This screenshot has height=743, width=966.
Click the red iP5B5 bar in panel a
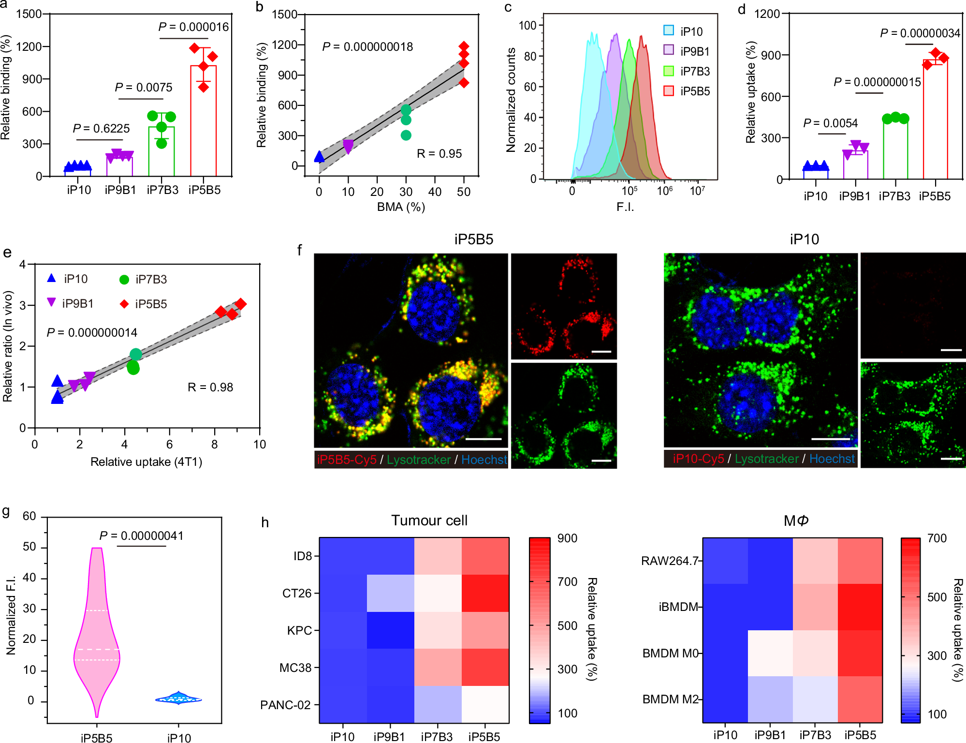point(203,121)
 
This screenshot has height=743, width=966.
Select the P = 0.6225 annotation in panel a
point(101,129)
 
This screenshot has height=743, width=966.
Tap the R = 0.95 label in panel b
point(439,154)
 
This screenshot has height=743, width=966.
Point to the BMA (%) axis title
point(401,207)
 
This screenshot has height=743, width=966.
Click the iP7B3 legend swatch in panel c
point(669,71)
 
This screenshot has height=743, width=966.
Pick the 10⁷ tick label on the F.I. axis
point(697,191)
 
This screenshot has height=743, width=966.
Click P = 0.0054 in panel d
point(830,123)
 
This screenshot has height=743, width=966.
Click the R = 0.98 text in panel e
point(210,387)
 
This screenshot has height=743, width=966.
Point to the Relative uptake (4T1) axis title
point(146,462)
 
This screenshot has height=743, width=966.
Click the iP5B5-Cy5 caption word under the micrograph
point(346,460)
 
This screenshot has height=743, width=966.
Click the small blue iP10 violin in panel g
point(178,699)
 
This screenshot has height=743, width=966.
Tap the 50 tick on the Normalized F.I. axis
point(29,547)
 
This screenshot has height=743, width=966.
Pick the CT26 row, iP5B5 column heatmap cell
point(485,593)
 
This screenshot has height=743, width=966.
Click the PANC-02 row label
point(285,705)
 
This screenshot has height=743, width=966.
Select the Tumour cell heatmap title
point(429,520)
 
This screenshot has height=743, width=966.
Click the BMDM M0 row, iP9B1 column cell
point(770,653)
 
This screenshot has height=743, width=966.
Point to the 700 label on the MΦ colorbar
point(937,538)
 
